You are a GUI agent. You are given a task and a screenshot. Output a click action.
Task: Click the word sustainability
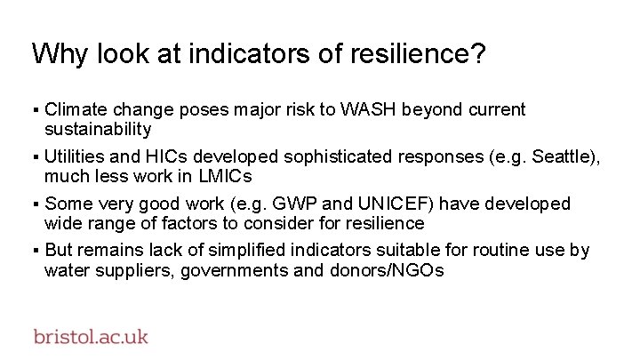tap(98, 130)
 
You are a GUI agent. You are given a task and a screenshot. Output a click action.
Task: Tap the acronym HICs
tap(165, 157)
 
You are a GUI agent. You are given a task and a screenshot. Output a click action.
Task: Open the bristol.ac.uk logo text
tap(91, 337)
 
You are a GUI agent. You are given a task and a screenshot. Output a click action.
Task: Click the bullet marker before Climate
tap(36, 111)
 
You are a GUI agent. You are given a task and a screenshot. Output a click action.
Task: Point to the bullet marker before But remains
tap(36, 252)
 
